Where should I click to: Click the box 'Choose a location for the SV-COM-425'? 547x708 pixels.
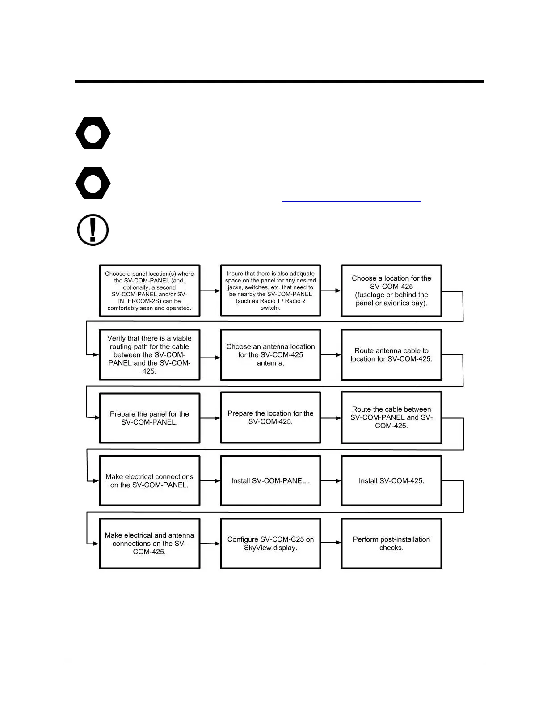391,291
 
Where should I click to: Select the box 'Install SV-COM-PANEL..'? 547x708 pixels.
270,481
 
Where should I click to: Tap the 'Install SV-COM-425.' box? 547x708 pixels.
391,481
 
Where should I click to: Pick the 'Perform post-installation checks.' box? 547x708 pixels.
391,544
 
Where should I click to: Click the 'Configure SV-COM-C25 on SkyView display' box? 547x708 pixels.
270,544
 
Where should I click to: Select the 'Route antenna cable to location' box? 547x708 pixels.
391,355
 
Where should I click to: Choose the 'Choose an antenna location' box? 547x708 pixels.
270,355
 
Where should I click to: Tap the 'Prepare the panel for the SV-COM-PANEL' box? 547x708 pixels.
149,418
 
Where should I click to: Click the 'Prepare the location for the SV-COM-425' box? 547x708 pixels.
270,417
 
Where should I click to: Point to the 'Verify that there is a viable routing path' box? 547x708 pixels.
149,355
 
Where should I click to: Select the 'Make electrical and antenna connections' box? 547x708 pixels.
149,544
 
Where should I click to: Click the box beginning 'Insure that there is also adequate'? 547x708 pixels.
270,291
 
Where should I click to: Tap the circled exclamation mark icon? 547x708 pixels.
93,230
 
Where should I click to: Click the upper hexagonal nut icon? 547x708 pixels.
93,133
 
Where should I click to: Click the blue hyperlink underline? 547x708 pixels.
351,202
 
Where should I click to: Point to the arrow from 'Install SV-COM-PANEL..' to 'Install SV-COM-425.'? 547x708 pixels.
331,481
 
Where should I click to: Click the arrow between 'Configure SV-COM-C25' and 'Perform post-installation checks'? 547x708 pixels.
331,543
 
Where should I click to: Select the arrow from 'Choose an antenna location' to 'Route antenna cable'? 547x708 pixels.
331,355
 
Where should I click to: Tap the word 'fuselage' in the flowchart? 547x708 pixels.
371,295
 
